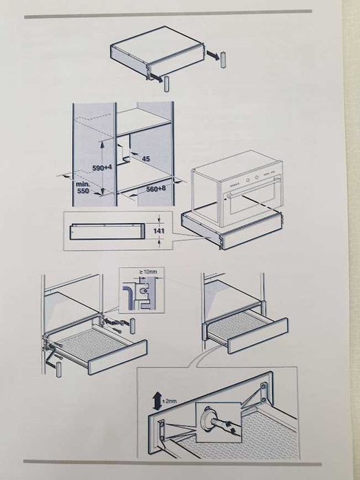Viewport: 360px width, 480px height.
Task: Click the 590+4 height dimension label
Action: (102, 168)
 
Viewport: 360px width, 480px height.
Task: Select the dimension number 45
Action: (146, 159)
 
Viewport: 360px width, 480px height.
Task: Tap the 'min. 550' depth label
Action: (82, 187)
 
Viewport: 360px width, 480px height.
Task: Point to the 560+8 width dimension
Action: (156, 189)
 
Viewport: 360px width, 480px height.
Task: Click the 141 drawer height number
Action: (159, 231)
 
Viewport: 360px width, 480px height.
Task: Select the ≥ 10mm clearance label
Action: (148, 272)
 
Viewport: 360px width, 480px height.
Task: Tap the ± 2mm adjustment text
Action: (170, 401)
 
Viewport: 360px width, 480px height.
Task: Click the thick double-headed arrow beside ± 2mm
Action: (157, 402)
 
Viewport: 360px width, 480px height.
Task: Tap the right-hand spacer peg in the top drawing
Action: (223, 60)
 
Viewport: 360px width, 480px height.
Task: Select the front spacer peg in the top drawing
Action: (167, 84)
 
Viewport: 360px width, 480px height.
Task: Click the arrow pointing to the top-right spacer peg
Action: (212, 55)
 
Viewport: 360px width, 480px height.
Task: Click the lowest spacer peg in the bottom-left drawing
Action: (58, 369)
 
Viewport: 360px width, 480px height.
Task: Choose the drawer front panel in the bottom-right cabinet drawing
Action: (258, 336)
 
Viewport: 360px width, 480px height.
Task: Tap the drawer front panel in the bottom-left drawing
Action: (117, 357)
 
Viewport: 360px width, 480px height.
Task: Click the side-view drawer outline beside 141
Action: (106, 231)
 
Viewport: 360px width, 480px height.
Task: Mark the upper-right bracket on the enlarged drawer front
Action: (264, 392)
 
